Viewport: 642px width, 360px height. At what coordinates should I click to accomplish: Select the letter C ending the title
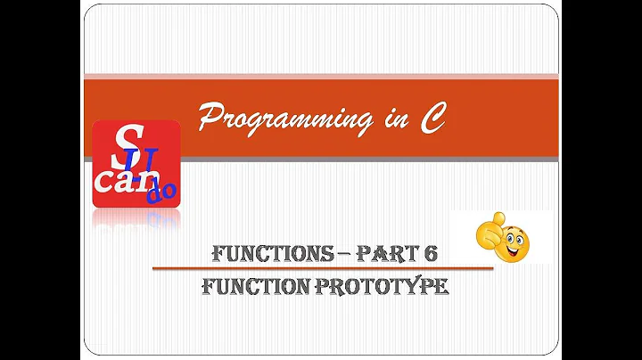(x=432, y=118)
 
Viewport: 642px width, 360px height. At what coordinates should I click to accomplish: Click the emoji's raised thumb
(x=498, y=219)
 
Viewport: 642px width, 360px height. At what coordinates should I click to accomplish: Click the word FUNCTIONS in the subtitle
(x=267, y=252)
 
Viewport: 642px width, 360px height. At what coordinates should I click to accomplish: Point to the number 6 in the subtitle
(x=431, y=252)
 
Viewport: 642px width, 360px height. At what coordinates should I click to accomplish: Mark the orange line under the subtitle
(x=321, y=267)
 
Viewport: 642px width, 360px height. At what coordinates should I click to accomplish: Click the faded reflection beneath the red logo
(x=136, y=219)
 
